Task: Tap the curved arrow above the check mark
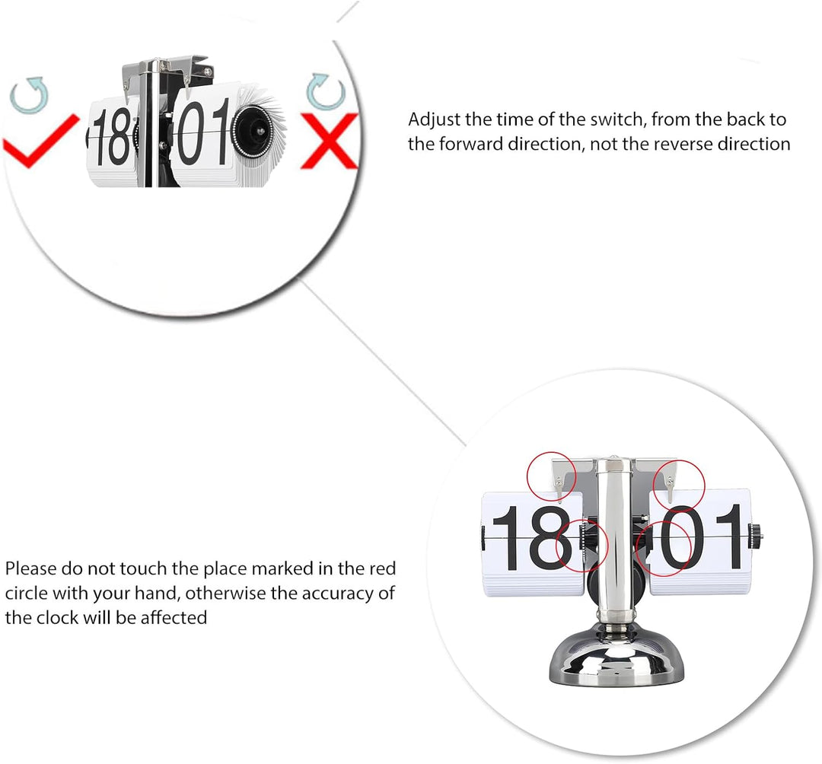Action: tap(30, 95)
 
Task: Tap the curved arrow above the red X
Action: tap(326, 92)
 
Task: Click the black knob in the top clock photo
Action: tap(253, 129)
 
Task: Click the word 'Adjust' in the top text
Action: tap(434, 120)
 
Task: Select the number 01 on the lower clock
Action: tap(703, 537)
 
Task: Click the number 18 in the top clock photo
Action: tap(111, 135)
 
